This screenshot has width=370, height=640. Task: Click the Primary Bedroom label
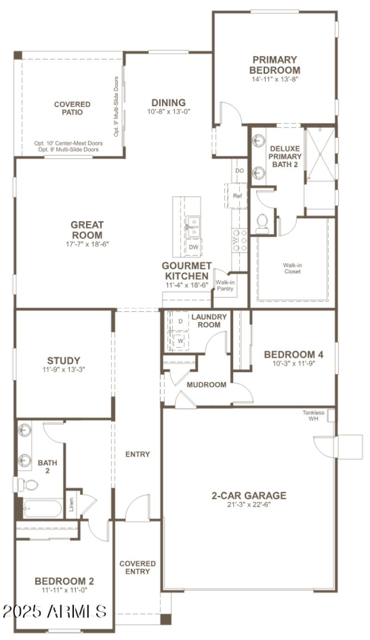click(x=275, y=65)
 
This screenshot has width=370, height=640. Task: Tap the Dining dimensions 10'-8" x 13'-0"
click(x=168, y=111)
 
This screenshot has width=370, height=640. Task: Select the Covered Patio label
click(x=72, y=108)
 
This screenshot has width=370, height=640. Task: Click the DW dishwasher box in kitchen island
click(x=193, y=247)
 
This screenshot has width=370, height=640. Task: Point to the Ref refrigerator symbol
click(x=237, y=196)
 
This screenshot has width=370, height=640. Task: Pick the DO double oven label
click(x=239, y=171)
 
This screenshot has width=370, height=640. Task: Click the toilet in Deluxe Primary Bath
click(x=262, y=223)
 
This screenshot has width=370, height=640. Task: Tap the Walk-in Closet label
click(x=292, y=268)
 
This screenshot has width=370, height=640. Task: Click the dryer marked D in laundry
click(x=180, y=321)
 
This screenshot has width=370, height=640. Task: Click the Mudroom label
click(x=206, y=385)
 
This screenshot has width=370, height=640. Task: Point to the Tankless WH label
click(x=314, y=416)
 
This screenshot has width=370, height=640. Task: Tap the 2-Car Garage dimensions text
click(x=249, y=504)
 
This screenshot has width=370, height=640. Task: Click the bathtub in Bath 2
click(x=42, y=509)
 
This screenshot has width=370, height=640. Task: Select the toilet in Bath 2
click(x=28, y=485)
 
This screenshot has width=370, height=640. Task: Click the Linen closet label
click(x=72, y=507)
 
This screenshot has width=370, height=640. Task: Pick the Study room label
click(x=64, y=360)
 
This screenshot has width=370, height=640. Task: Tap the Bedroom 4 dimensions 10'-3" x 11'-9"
click(x=293, y=363)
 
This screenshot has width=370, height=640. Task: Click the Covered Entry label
click(x=137, y=568)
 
